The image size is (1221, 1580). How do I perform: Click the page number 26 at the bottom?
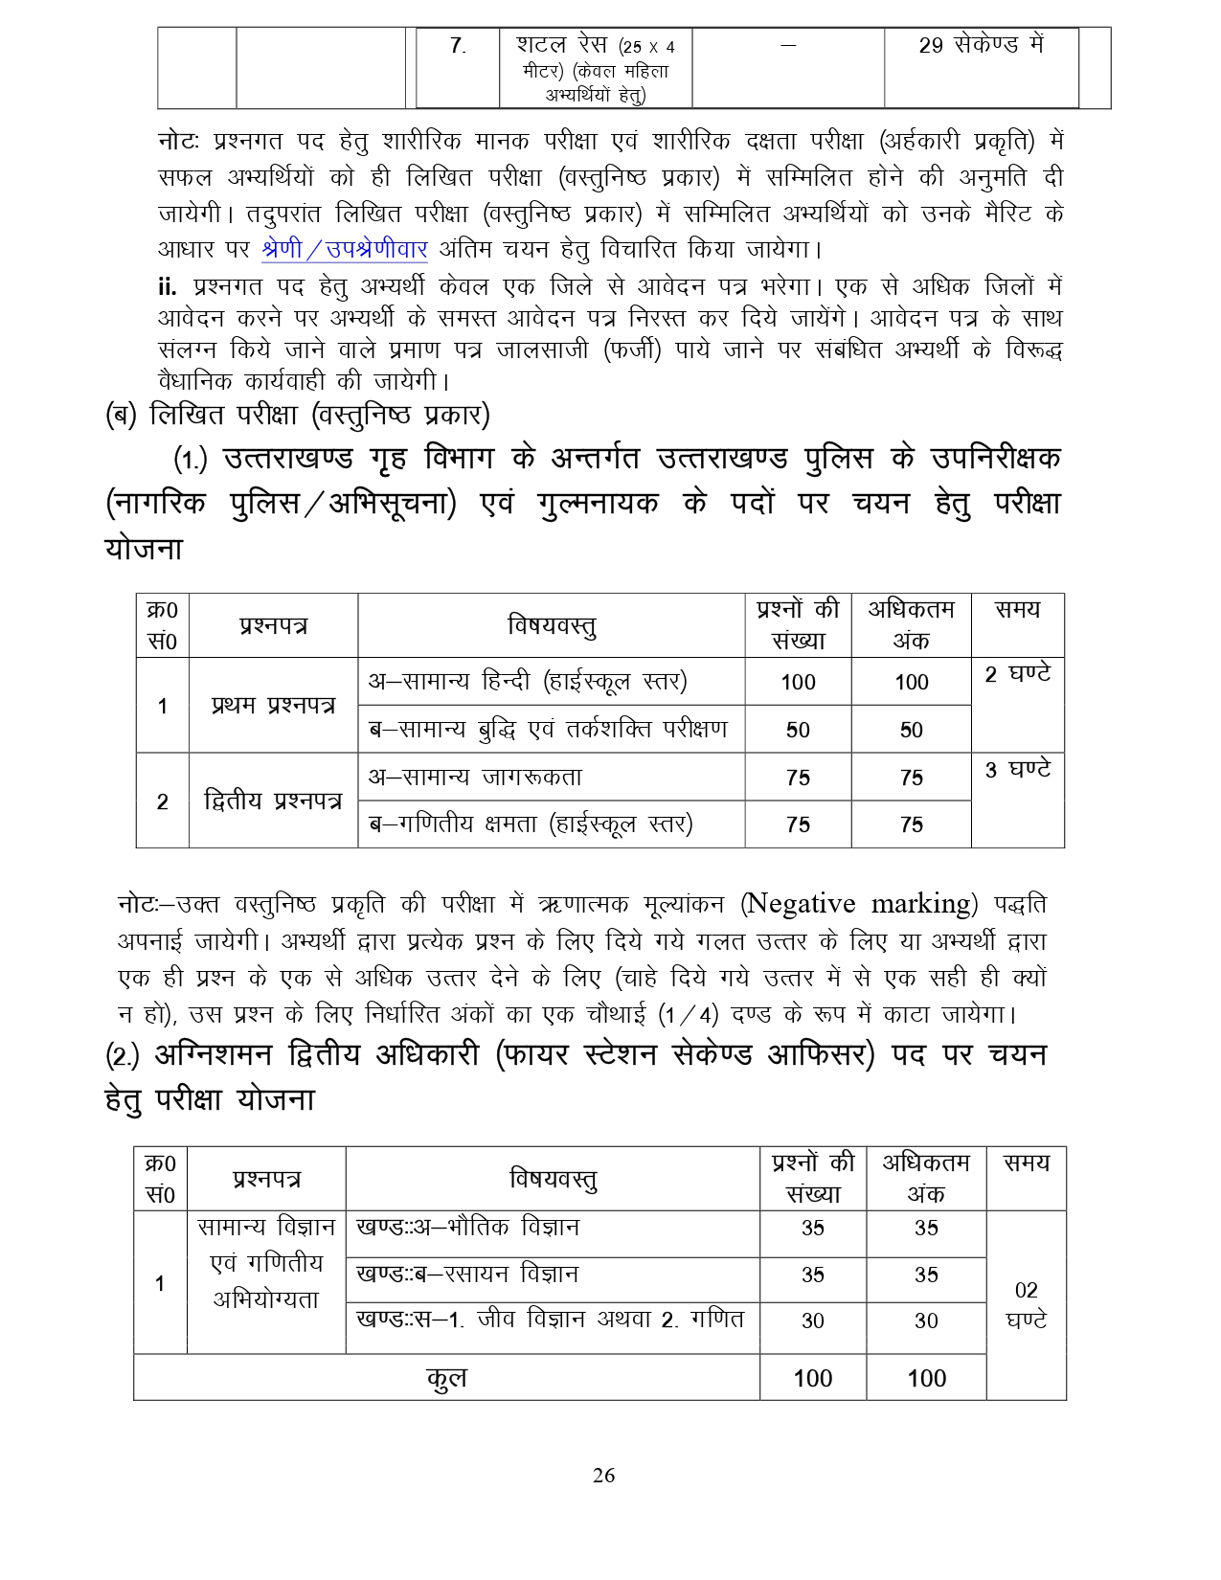[603, 1476]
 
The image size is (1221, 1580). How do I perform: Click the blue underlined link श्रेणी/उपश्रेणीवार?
[344, 249]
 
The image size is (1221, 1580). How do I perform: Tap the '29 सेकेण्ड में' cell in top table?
[981, 45]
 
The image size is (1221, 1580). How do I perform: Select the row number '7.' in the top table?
[458, 46]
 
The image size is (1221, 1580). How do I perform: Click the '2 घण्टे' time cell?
[1017, 674]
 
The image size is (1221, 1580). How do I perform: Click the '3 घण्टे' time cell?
[1017, 769]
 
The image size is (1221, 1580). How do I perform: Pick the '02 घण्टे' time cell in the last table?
[1026, 1305]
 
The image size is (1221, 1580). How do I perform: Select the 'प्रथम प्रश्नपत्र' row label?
[273, 706]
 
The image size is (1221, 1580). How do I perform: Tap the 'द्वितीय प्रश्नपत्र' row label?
[273, 801]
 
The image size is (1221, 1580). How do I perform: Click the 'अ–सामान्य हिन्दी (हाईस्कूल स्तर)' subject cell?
[528, 682]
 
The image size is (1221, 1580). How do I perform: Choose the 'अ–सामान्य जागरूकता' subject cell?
[476, 778]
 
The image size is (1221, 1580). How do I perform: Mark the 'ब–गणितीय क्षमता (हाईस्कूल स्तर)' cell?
[531, 824]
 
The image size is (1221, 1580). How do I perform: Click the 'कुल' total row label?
[446, 1378]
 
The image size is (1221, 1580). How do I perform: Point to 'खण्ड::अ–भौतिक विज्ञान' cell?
[467, 1228]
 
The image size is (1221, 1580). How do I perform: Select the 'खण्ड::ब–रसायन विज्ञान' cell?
[467, 1275]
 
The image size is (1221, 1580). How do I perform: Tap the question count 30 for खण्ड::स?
[812, 1321]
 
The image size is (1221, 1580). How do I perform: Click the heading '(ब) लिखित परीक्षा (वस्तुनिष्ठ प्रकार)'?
[297, 416]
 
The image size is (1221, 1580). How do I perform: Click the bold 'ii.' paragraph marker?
[168, 286]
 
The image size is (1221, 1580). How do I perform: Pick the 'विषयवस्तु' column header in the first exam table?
[551, 626]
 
